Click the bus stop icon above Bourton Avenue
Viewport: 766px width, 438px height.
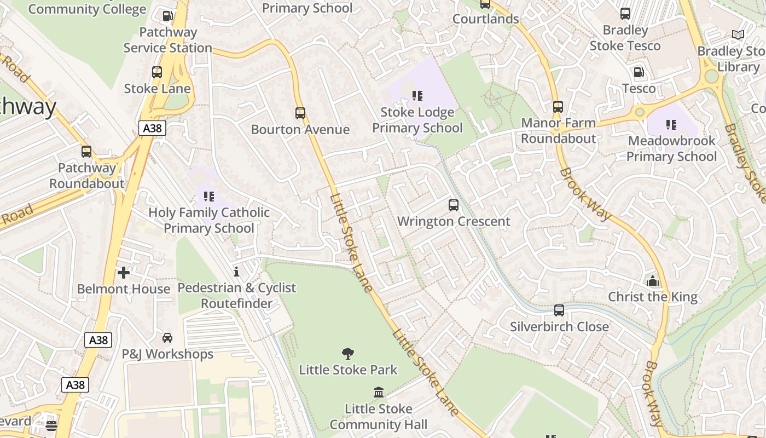click(x=300, y=113)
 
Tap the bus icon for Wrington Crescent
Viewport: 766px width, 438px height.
click(x=453, y=205)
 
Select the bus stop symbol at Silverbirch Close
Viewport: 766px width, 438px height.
click(x=559, y=310)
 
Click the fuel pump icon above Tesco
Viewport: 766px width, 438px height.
click(x=639, y=72)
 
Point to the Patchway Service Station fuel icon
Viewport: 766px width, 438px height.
click(x=167, y=16)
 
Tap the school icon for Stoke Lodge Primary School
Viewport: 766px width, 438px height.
click(x=417, y=96)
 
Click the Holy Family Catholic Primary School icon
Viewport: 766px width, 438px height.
click(x=208, y=196)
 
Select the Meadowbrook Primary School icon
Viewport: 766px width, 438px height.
click(x=671, y=125)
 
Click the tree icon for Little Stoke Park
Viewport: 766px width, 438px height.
click(x=347, y=354)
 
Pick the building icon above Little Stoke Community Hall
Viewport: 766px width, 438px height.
click(x=378, y=393)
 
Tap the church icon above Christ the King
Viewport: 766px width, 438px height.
click(x=652, y=281)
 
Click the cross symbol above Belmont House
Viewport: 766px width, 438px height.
click(x=124, y=272)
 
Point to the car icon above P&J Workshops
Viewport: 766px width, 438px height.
click(x=167, y=338)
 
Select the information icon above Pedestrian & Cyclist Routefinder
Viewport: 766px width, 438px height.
click(x=236, y=272)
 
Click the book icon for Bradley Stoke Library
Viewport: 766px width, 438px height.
click(x=738, y=35)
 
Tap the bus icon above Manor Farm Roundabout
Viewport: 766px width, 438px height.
click(x=558, y=107)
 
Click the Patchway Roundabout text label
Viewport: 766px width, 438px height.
click(x=87, y=176)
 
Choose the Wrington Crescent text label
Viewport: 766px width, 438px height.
click(x=453, y=221)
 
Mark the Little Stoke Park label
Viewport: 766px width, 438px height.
click(x=348, y=370)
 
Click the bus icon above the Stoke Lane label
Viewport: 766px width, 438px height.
click(x=157, y=72)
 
